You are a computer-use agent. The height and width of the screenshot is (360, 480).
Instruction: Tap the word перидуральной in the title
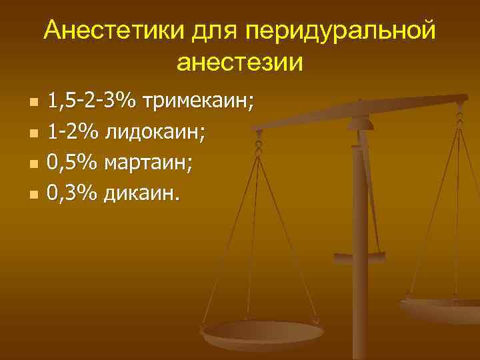341,31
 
